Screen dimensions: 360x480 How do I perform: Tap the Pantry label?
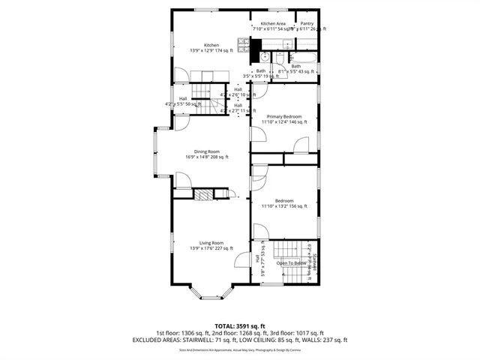(307, 24)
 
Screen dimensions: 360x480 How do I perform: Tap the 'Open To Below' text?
(291, 263)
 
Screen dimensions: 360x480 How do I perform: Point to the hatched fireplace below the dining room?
(204, 195)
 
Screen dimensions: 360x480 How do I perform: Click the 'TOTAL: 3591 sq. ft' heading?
(239, 325)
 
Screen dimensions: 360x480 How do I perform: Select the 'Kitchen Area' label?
(273, 24)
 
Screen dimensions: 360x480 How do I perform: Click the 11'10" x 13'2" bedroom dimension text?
(283, 206)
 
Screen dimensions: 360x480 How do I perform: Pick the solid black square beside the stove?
(265, 55)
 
